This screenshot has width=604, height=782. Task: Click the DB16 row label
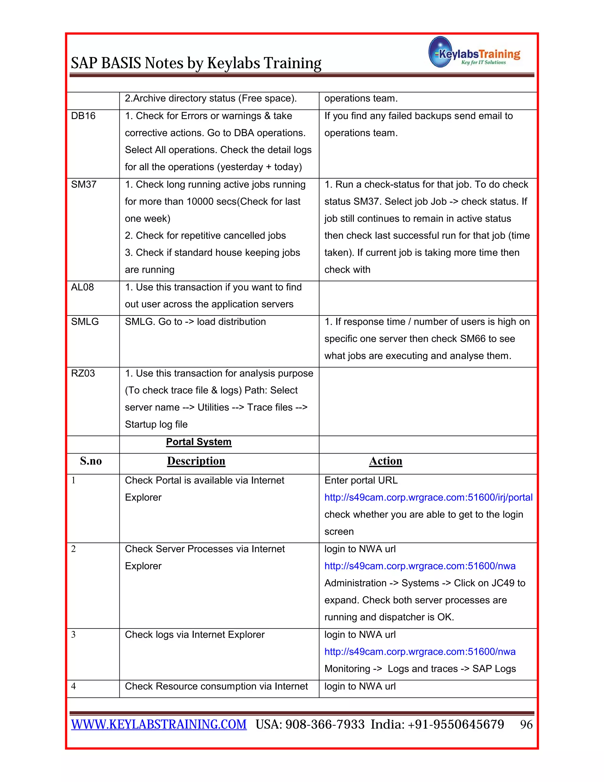click(x=83, y=116)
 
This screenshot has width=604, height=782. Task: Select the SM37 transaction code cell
click(x=84, y=185)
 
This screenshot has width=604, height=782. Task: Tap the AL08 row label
click(x=82, y=287)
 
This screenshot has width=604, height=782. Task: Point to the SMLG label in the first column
click(x=85, y=322)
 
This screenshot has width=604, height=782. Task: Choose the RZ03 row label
click(x=83, y=374)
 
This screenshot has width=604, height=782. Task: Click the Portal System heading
click(x=198, y=442)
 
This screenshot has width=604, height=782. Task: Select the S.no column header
click(x=91, y=461)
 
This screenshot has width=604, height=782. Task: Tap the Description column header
click(x=196, y=461)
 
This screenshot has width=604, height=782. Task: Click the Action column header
click(x=385, y=461)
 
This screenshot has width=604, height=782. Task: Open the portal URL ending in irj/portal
click(x=428, y=498)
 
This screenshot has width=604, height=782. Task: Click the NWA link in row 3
click(x=420, y=652)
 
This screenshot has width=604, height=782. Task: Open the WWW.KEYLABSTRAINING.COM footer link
click(x=159, y=724)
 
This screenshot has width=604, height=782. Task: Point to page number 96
click(x=526, y=725)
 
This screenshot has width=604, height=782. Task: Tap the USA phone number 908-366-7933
click(x=324, y=725)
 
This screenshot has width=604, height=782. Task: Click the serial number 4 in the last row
click(x=73, y=686)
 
